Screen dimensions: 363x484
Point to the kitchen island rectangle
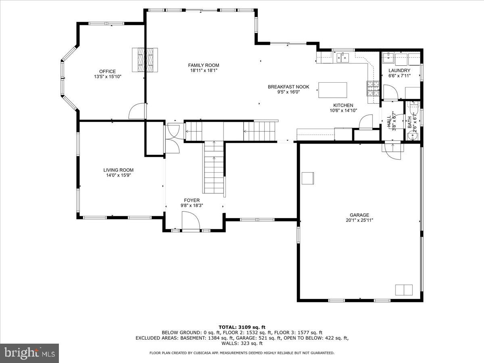pyautogui.click(x=333, y=90)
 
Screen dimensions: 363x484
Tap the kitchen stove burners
pyautogui.click(x=372, y=88)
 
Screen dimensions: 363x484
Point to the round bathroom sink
pyautogui.click(x=411, y=136)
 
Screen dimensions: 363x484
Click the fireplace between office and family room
pyautogui.click(x=145, y=60)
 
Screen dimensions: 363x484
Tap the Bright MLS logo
pyautogui.click(x=29, y=353)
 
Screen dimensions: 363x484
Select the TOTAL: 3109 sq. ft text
pyautogui.click(x=242, y=327)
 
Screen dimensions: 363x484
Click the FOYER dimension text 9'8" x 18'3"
pyautogui.click(x=192, y=205)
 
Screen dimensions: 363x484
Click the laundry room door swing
pyautogui.click(x=390, y=92)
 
